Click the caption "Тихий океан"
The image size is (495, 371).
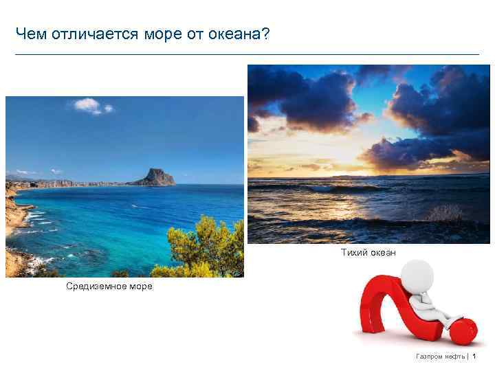pyautogui.click(x=368, y=253)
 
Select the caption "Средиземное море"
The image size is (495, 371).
pyautogui.click(x=109, y=286)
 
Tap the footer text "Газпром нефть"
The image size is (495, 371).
pyautogui.click(x=440, y=357)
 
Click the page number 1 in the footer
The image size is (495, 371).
pyautogui.click(x=474, y=357)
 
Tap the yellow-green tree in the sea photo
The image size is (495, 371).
pyautogui.click(x=206, y=247)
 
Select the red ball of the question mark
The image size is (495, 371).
pyautogui.click(x=464, y=330)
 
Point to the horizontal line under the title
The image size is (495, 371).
pyautogui.click(x=247, y=54)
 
